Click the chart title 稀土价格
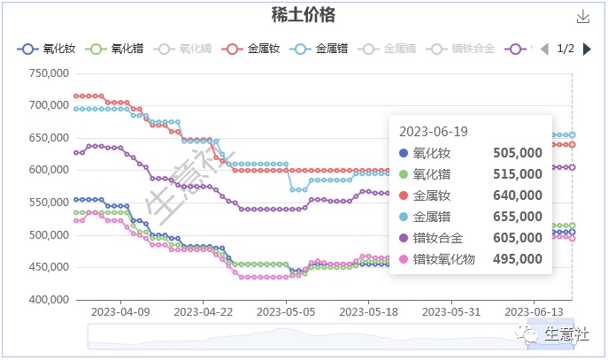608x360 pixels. [x=303, y=16]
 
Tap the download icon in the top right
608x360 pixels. [x=582, y=17]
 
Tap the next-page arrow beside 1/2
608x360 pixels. [x=588, y=49]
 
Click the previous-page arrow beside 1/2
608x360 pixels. [x=544, y=49]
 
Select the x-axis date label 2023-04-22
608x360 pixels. [x=204, y=312]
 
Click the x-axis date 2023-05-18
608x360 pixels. [x=371, y=312]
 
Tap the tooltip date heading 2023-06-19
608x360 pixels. [x=434, y=131]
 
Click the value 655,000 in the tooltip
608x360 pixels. [x=517, y=217]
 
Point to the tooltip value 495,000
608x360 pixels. [x=517, y=259]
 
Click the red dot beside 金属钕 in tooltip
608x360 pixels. [x=405, y=195]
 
